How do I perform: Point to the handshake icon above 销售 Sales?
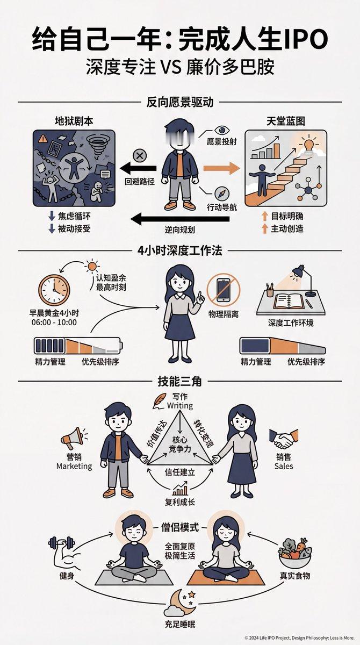tap(283, 439)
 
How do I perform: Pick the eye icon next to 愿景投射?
tap(221, 130)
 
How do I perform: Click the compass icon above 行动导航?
tap(222, 193)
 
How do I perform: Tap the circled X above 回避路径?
tap(140, 156)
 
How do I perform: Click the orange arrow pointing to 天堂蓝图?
tap(221, 168)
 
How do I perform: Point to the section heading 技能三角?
tap(179, 381)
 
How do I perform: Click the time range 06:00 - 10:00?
tap(53, 322)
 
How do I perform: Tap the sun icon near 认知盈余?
tap(91, 265)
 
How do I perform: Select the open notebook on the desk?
tap(289, 301)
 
